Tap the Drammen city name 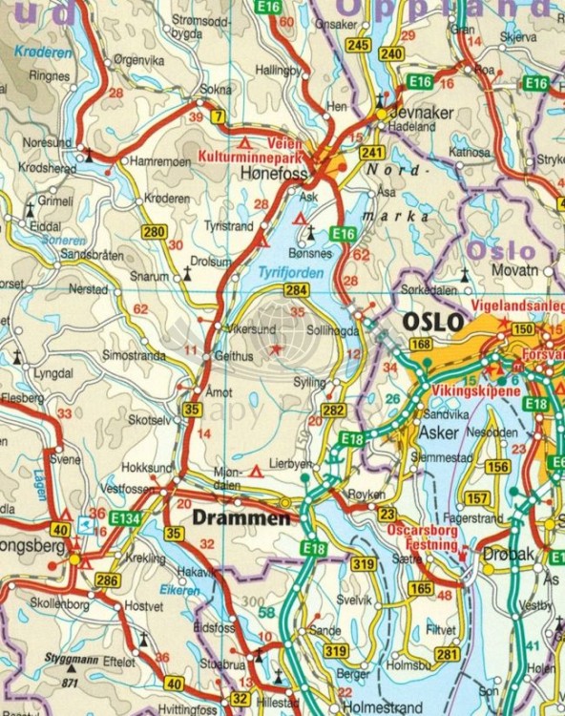(x=241, y=518)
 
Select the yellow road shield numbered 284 (x=297, y=289)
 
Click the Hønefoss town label (x=273, y=175)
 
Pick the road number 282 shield (x=332, y=410)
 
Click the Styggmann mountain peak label (x=73, y=659)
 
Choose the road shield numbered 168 (x=421, y=345)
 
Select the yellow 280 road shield (x=153, y=231)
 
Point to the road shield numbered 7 (x=219, y=117)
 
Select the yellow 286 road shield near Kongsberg (x=108, y=579)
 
